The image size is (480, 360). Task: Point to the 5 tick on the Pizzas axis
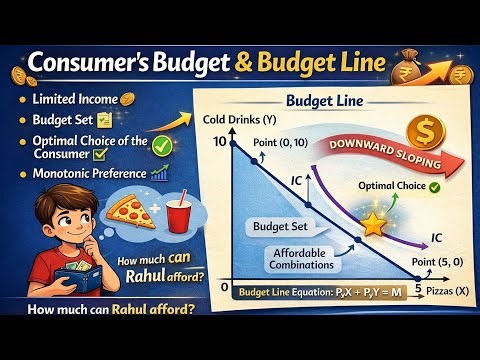[x=419, y=287]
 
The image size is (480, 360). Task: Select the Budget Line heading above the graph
[x=320, y=102]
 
